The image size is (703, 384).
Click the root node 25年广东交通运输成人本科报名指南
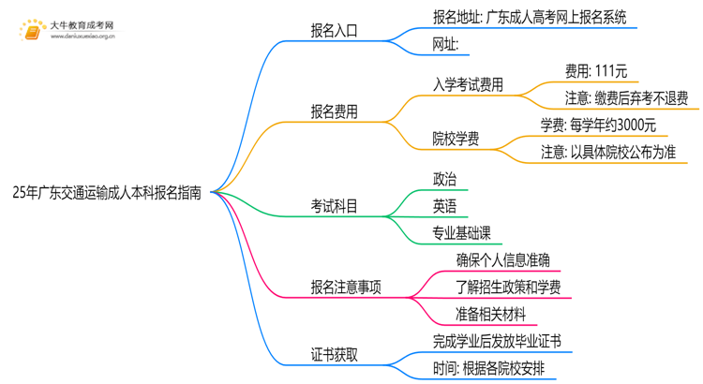coord(106,193)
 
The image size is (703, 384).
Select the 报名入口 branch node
coord(334,31)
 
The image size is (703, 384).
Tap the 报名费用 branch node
coord(334,111)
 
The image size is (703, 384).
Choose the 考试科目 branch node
coord(334,206)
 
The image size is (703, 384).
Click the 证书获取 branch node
coord(334,355)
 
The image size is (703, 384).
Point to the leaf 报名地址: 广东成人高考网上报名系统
coord(530,17)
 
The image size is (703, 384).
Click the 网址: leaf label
coord(445,44)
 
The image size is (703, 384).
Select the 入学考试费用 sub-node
coord(468,84)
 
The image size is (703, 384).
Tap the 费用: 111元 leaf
coord(596,70)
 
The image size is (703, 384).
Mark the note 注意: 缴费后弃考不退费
coord(626,97)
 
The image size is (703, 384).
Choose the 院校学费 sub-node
coord(456,139)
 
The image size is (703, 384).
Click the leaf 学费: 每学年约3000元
coord(598,125)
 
